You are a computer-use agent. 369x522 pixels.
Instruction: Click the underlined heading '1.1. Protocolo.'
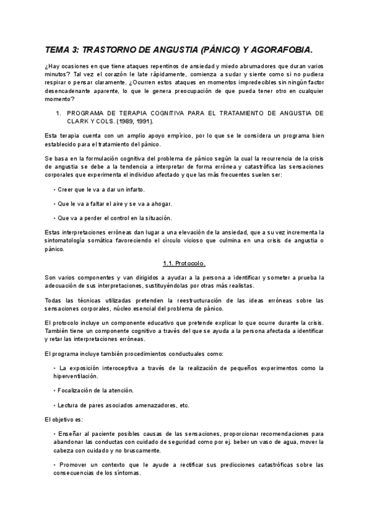(x=184, y=263)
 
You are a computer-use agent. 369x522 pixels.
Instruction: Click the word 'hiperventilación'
(x=76, y=375)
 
